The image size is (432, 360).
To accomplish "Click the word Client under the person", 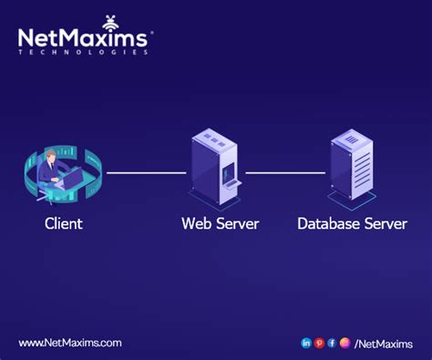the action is pyautogui.click(x=64, y=223).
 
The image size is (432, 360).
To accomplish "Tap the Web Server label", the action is pyautogui.click(x=220, y=223).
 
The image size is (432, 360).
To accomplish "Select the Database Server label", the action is pyautogui.click(x=352, y=223).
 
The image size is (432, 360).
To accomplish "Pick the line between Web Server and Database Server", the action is pyautogui.click(x=284, y=172).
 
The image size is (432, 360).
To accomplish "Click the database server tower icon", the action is pyautogui.click(x=353, y=166).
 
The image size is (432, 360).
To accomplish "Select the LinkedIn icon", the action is pyautogui.click(x=306, y=343).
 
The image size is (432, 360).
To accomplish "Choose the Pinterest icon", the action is pyautogui.click(x=319, y=343).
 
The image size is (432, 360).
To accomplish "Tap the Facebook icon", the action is pyautogui.click(x=332, y=343).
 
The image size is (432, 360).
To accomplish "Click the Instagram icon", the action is pyautogui.click(x=345, y=343).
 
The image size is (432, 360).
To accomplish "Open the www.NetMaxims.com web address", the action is pyautogui.click(x=69, y=343).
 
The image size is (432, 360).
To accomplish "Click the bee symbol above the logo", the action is pyautogui.click(x=110, y=20).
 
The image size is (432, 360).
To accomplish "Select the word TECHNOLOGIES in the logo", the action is pyautogui.click(x=83, y=52).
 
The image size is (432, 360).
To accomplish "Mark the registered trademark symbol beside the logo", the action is pyautogui.click(x=151, y=33).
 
